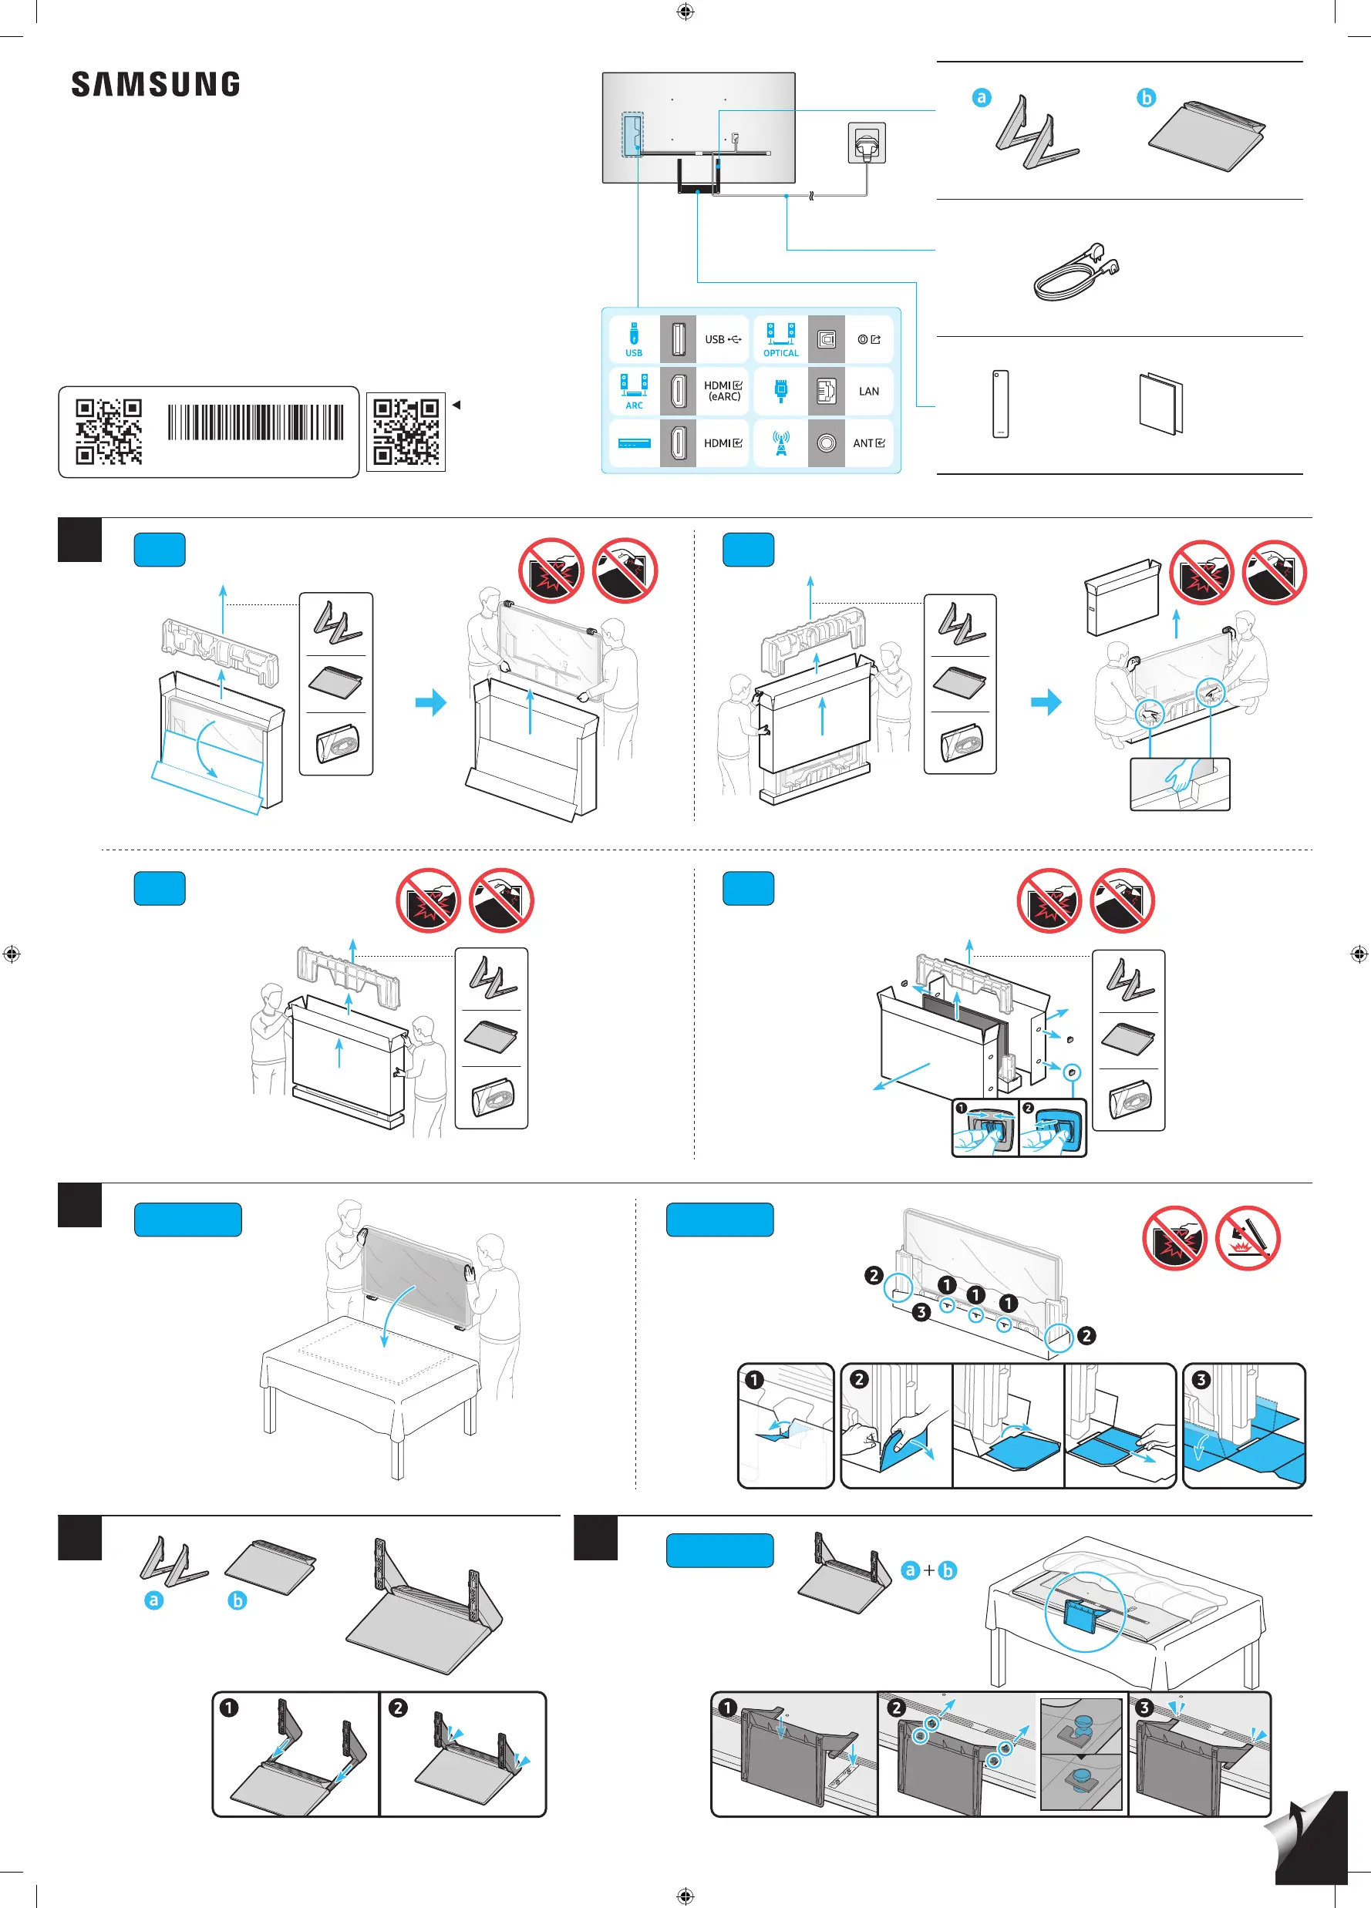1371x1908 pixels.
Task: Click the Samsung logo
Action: [x=156, y=84]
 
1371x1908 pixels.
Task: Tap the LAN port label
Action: [x=868, y=391]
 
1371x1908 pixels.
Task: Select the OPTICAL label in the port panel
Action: [x=781, y=353]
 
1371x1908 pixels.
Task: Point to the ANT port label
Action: [x=868, y=443]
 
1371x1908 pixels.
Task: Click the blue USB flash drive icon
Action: [x=634, y=332]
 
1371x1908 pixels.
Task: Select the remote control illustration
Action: [x=1000, y=404]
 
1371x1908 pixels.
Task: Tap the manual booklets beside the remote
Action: [x=1160, y=404]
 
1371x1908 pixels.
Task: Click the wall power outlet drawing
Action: [x=867, y=143]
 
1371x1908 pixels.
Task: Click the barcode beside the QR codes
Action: [x=255, y=422]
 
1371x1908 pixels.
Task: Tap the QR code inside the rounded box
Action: [x=109, y=432]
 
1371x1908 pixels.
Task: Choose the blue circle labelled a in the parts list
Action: [x=982, y=98]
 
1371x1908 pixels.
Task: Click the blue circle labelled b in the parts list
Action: [x=1147, y=98]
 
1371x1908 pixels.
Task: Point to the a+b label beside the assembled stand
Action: [x=928, y=1570]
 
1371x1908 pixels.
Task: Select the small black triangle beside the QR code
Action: [x=456, y=405]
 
